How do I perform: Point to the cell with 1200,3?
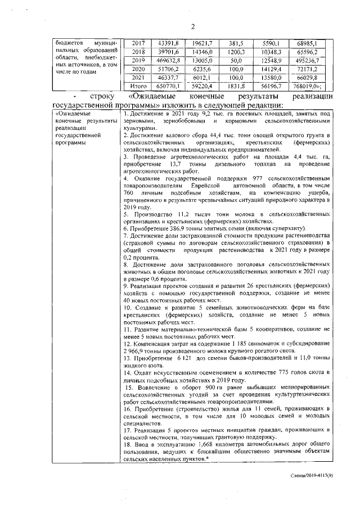(x=236, y=51)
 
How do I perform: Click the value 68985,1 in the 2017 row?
(x=307, y=43)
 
